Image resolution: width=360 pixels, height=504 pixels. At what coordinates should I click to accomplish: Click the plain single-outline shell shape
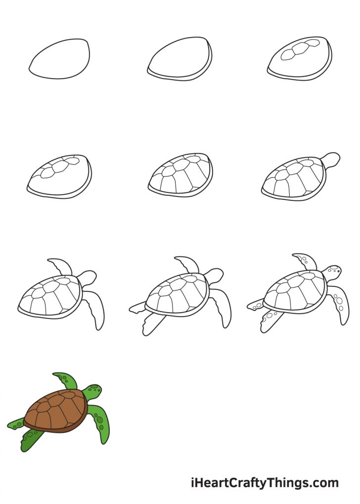pyautogui.click(x=60, y=58)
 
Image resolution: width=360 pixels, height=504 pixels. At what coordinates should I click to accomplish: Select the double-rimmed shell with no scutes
pyautogui.click(x=180, y=59)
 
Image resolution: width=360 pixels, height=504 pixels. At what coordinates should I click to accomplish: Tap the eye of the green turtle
pyautogui.click(x=97, y=391)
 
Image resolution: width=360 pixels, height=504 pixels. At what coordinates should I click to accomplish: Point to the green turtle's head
pyautogui.click(x=93, y=391)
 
